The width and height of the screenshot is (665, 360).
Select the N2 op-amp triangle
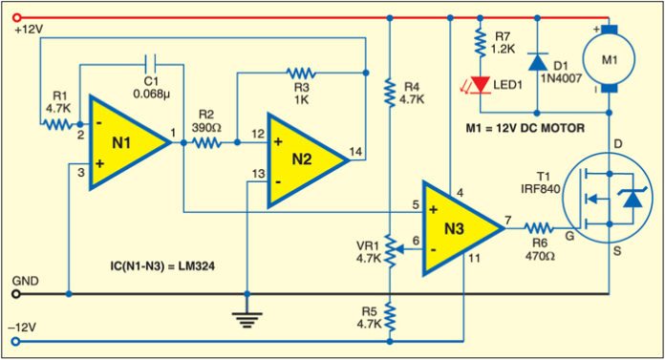pos(303,159)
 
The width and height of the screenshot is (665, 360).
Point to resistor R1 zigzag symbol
pos(59,123)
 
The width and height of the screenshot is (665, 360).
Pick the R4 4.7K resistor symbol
pos(389,93)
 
